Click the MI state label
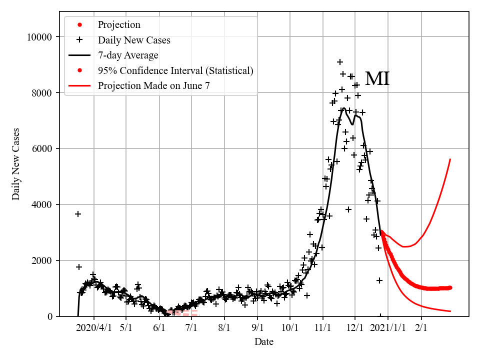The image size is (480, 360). coord(377,79)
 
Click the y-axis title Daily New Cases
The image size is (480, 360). coord(16,164)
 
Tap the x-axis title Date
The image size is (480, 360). coord(263,342)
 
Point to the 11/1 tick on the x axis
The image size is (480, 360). coord(323,329)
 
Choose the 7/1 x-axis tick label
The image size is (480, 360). coord(191,329)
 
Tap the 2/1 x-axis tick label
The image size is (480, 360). coord(421,329)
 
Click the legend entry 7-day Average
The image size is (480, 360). coord(127,55)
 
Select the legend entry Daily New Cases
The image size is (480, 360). coord(133,40)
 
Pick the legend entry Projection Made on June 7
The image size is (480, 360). coord(153,85)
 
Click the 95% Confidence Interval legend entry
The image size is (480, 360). coord(175,70)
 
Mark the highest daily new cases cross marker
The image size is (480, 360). coord(340,62)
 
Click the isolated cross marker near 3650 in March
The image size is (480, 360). coord(78,214)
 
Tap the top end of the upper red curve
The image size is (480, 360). coord(450,159)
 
